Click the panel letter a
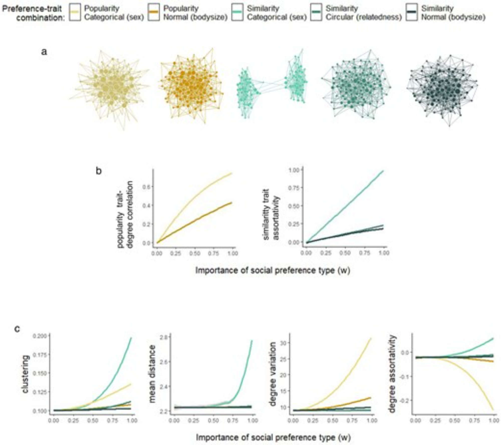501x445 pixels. tap(44, 52)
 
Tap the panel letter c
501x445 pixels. tap(17, 328)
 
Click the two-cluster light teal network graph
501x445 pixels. tap(272, 85)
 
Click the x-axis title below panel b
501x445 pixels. tap(273, 271)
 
